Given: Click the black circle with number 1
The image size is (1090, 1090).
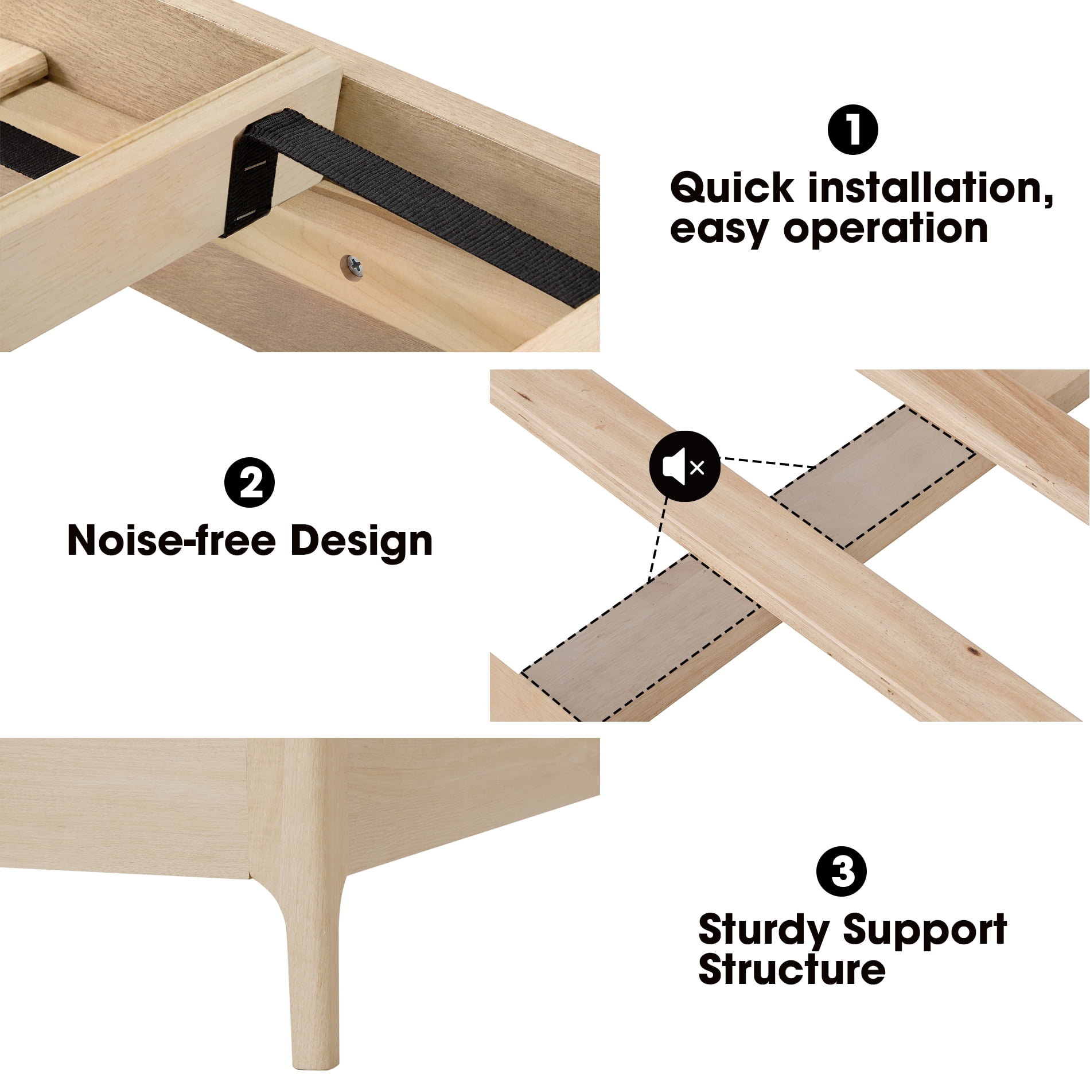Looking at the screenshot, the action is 852,130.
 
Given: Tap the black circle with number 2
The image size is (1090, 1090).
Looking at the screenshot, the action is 250,482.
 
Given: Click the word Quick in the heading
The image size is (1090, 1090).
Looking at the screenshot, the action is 731,188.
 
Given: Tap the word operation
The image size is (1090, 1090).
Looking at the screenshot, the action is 885,230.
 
